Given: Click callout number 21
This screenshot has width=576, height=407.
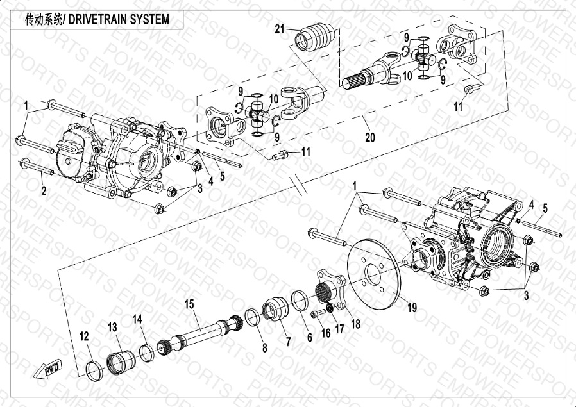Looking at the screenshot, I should tap(279, 28).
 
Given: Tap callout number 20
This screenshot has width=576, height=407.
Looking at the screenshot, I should tap(369, 137).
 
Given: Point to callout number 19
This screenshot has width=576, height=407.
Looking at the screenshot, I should tap(411, 308).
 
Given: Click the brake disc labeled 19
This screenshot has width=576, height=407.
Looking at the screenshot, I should tap(373, 275).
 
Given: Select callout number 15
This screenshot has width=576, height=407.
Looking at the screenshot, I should tap(189, 303).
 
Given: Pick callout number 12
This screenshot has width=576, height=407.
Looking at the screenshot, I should tap(84, 336).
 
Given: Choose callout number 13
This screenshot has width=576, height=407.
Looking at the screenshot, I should tap(112, 327).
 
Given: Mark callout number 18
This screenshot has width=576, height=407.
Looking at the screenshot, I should tap(355, 324).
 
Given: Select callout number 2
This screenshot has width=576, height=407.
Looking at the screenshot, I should tap(44, 190).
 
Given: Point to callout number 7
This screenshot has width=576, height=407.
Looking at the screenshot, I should tap(287, 342).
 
